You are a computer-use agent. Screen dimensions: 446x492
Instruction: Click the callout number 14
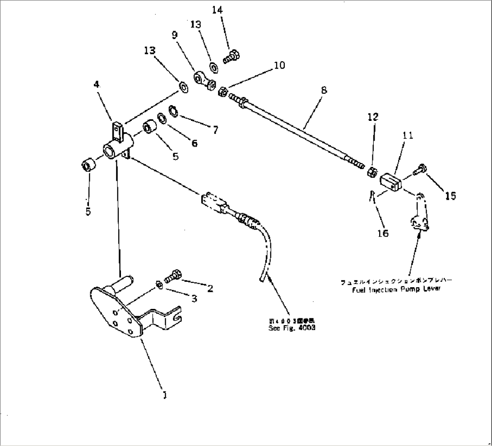coord(217,10)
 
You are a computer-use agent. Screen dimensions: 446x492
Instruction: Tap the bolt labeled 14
coord(232,56)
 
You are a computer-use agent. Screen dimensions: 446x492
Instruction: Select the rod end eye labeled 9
coord(202,80)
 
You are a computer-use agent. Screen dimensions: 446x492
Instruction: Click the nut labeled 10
coord(222,92)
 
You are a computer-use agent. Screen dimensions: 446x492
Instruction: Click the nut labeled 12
coord(372,172)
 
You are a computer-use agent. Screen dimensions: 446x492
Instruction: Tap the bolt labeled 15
coord(419,169)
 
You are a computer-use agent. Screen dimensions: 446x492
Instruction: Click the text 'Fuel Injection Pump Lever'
coord(396,289)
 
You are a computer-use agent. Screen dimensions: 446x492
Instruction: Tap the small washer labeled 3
coord(159,284)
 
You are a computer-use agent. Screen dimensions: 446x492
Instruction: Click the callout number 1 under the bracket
coord(165,395)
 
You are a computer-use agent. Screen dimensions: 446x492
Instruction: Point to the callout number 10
coord(279,65)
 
